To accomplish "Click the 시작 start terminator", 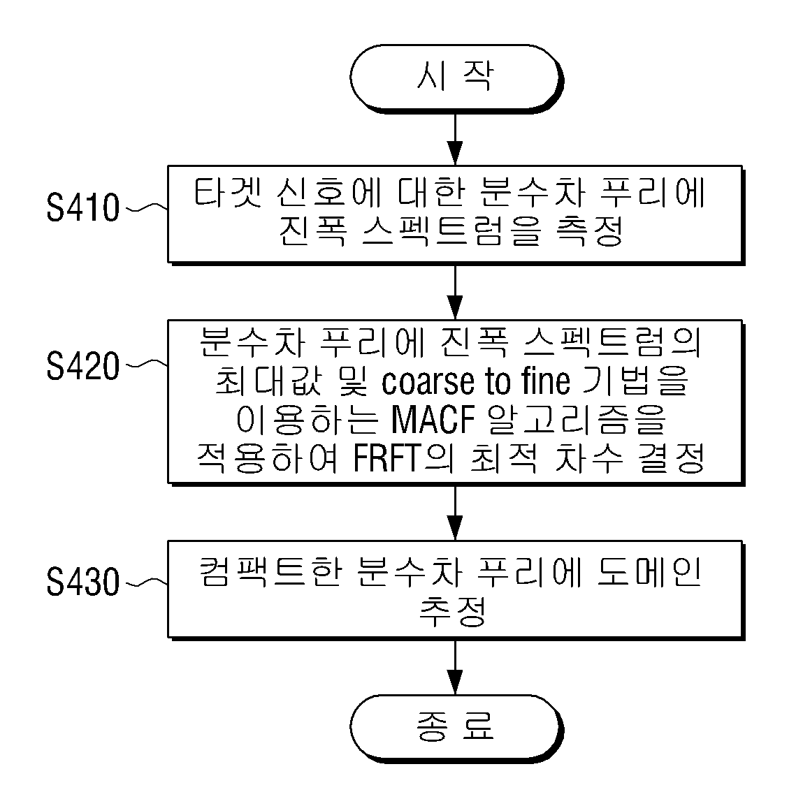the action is [456, 77].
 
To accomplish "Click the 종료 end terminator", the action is [456, 727].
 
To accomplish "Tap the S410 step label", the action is [83, 208].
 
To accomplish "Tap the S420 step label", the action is [83, 365].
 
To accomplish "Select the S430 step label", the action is [83, 582].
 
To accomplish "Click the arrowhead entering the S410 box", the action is [455, 152].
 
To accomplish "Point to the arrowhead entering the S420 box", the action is [455, 307].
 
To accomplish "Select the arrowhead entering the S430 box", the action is [455, 528].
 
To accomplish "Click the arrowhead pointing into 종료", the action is [455, 682].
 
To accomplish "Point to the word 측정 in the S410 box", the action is [590, 231].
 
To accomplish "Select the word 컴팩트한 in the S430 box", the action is [270, 572].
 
